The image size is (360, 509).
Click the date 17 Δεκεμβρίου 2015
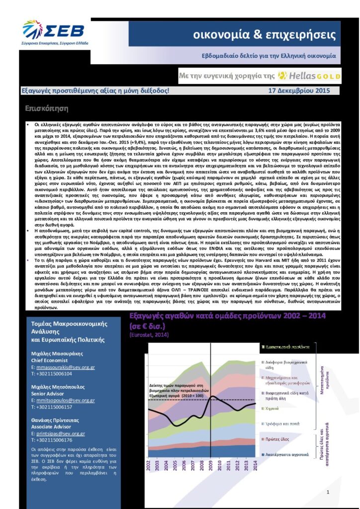(x=299, y=91)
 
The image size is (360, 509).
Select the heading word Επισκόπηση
(x=46, y=108)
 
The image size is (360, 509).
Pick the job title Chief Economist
(x=50, y=360)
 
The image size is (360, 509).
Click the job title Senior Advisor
(x=49, y=393)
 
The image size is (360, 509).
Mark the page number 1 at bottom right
(x=328, y=492)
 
